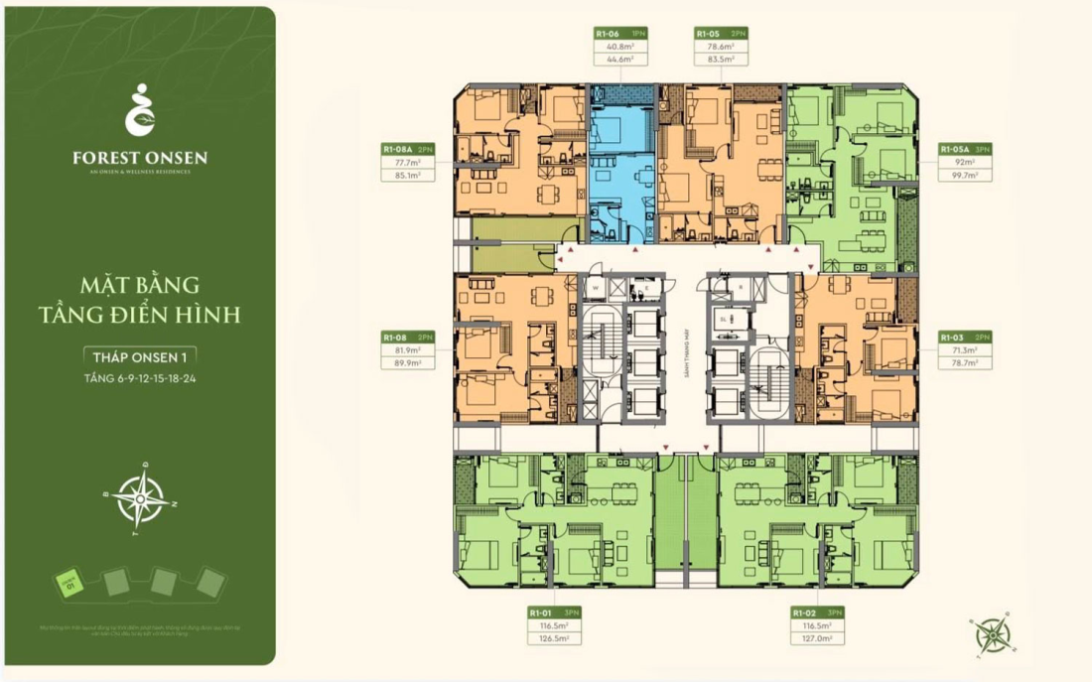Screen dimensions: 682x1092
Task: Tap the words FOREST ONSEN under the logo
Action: pyautogui.click(x=139, y=157)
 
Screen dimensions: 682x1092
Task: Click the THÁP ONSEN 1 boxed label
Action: pyautogui.click(x=139, y=356)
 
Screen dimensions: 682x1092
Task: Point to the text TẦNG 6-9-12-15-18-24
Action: pyautogui.click(x=139, y=378)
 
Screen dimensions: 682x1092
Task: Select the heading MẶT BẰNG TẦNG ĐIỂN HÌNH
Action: pyautogui.click(x=139, y=301)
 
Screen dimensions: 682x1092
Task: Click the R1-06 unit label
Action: pyautogui.click(x=608, y=33)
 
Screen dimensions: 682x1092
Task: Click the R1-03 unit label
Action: pyautogui.click(x=952, y=338)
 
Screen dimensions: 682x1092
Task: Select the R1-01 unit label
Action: pyautogui.click(x=541, y=613)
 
